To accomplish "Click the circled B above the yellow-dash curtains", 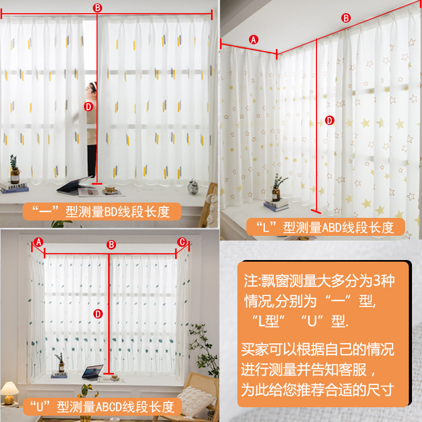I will (97, 7).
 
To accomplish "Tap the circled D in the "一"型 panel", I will (89, 107).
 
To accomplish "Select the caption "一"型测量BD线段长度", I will (101, 212).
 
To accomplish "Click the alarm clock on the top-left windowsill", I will (193, 186).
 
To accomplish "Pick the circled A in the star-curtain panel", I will (253, 40).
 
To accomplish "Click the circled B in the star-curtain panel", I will (346, 18).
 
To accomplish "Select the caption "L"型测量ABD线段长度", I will (325, 228).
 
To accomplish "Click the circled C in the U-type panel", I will (182, 242).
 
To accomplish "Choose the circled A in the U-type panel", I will (39, 242).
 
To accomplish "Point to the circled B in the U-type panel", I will (111, 245).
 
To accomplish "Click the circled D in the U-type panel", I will (98, 314).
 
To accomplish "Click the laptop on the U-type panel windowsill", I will (93, 372).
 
